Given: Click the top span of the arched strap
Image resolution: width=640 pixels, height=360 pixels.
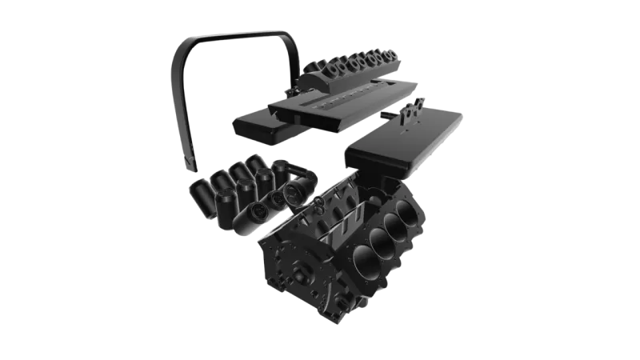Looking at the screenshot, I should (x=232, y=34).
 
